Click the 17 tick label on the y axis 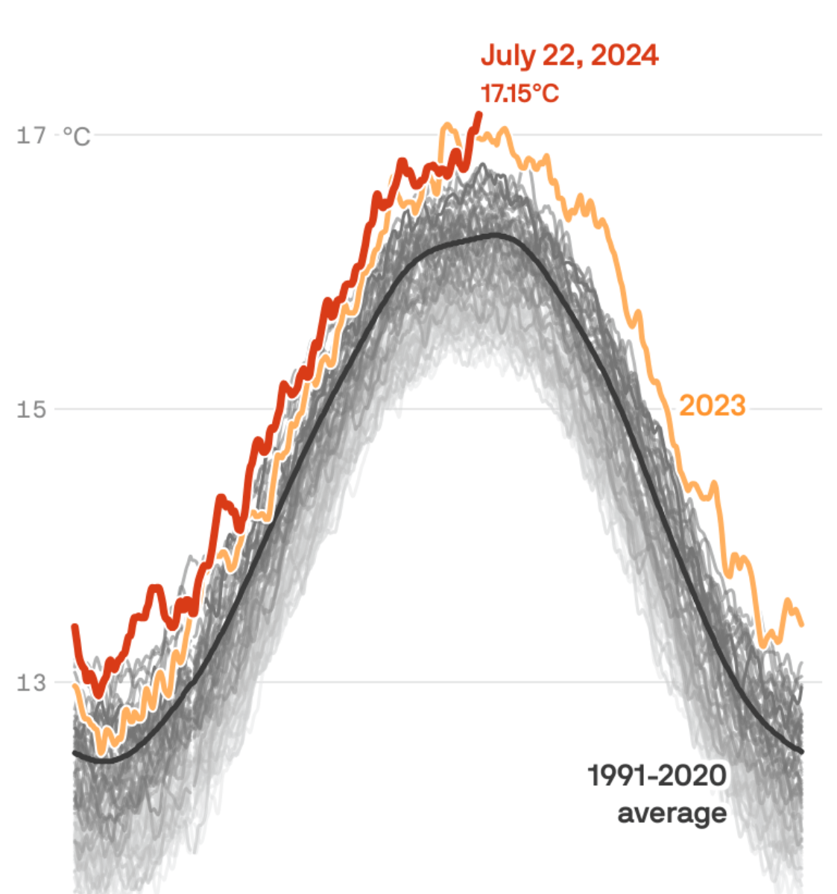31,136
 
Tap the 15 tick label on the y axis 31,409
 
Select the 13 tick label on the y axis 31,682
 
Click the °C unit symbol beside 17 76,136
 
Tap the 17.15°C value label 519,94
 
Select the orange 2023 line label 712,406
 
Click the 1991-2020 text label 657,776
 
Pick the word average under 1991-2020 672,812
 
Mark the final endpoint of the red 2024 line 478,114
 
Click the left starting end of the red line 74,627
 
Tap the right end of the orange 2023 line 802,624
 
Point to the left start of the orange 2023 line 74,685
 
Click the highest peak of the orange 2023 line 447,125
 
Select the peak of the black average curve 493,235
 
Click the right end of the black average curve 802,752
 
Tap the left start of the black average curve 74,753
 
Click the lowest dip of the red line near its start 98,695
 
